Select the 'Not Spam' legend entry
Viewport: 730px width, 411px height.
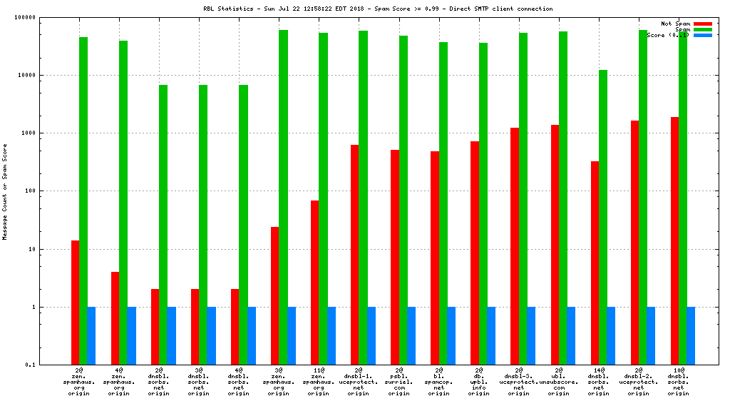(675, 24)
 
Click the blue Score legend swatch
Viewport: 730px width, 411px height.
(703, 35)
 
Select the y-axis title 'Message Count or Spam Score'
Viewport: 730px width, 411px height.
(5, 191)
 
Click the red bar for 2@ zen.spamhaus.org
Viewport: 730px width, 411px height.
(75, 303)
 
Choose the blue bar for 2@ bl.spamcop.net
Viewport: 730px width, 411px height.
(451, 335)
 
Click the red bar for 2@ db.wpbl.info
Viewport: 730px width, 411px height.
(474, 253)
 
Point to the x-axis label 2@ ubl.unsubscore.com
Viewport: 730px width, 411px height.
(559, 382)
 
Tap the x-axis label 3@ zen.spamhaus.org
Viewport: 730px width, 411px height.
(279, 382)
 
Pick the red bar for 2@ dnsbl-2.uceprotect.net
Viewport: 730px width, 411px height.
(634, 243)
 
